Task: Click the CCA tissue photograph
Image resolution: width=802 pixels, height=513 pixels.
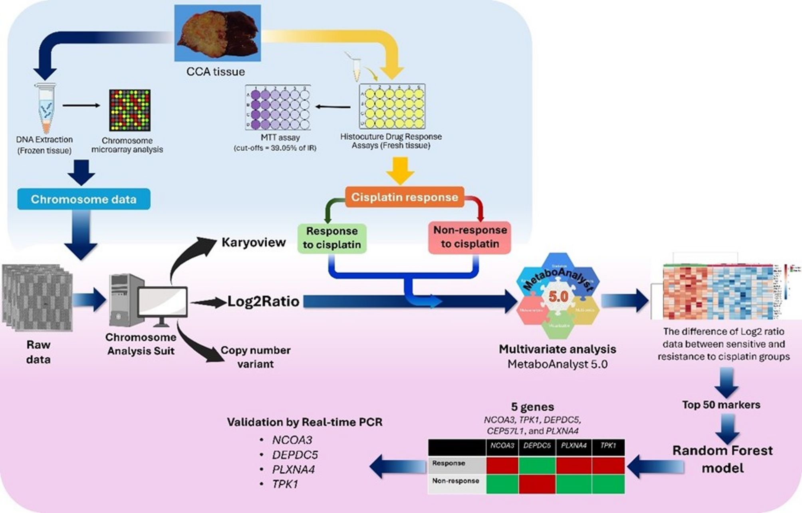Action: (x=217, y=33)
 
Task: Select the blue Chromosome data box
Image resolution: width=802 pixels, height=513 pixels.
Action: (x=84, y=199)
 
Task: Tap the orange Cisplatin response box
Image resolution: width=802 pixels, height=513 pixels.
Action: (x=404, y=197)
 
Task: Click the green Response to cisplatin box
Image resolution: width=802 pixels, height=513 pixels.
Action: (x=332, y=238)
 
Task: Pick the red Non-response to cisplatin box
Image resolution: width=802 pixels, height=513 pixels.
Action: (x=470, y=237)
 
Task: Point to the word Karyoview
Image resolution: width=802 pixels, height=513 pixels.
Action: (x=254, y=242)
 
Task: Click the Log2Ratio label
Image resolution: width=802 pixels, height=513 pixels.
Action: (x=263, y=301)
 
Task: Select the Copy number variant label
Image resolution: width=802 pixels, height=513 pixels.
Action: (x=256, y=357)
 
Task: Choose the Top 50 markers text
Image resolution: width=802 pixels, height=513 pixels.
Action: (x=721, y=405)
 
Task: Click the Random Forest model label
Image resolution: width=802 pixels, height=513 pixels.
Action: (x=723, y=459)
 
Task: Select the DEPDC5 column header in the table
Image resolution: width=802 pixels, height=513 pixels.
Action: (x=537, y=446)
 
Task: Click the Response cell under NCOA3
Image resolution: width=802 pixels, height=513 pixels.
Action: (x=502, y=465)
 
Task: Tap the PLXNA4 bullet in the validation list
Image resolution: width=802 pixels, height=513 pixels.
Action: (x=294, y=469)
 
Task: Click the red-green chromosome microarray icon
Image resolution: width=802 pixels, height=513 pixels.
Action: (x=130, y=110)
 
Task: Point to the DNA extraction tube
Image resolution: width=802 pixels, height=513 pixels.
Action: (x=46, y=108)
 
